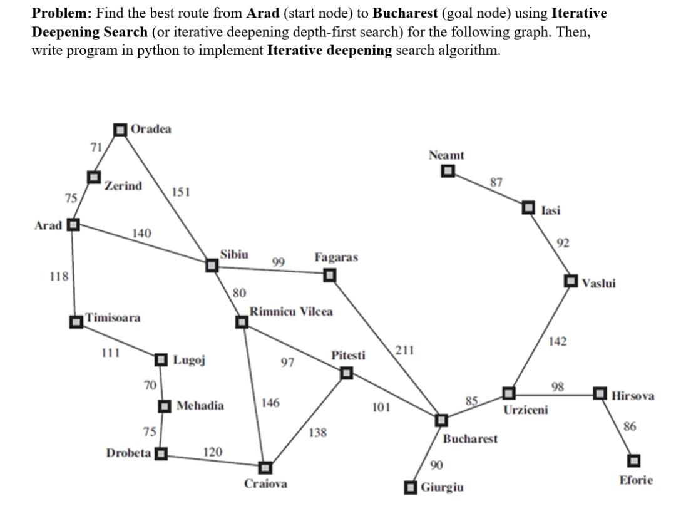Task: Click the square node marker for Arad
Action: click(x=73, y=225)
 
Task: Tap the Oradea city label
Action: click(x=151, y=129)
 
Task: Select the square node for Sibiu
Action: click(x=212, y=266)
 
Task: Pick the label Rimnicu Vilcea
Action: click(x=291, y=311)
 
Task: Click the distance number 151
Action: click(x=180, y=192)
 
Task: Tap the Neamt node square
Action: click(x=448, y=171)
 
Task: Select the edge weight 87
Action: click(x=496, y=182)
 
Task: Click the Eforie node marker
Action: click(x=634, y=460)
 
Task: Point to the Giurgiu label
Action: click(x=443, y=487)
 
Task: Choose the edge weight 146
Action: click(x=270, y=403)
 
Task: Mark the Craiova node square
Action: click(x=265, y=467)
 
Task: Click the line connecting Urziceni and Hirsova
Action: click(x=554, y=394)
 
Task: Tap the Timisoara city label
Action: click(x=113, y=317)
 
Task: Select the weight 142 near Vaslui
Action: click(x=558, y=341)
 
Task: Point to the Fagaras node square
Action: click(x=329, y=275)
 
